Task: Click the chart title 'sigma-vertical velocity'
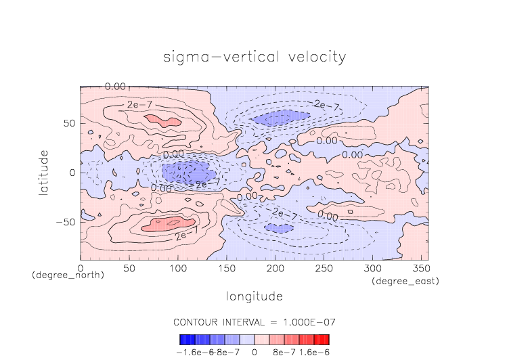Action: pyautogui.click(x=255, y=57)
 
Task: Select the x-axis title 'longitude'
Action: pyautogui.click(x=254, y=296)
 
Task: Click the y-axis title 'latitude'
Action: pyautogui.click(x=44, y=173)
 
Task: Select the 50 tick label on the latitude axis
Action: pyautogui.click(x=68, y=124)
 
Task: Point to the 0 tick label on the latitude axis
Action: pyautogui.click(x=72, y=173)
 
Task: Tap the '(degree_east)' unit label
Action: pyautogui.click(x=405, y=280)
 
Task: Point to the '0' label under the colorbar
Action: pyautogui.click(x=255, y=353)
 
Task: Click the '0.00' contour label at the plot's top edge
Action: pyautogui.click(x=115, y=87)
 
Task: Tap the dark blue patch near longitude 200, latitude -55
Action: pyautogui.click(x=278, y=228)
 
